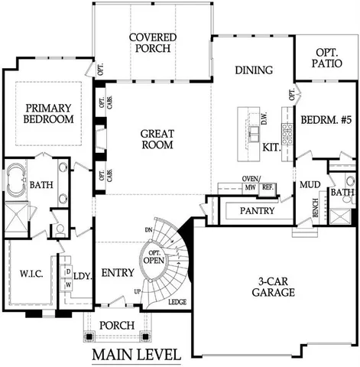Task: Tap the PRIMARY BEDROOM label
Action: (48, 113)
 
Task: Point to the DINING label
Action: (254, 70)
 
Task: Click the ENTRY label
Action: (118, 273)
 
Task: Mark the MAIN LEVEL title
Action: (136, 355)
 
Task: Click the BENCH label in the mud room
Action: (315, 210)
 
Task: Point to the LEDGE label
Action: (177, 303)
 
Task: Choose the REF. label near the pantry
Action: (268, 187)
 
